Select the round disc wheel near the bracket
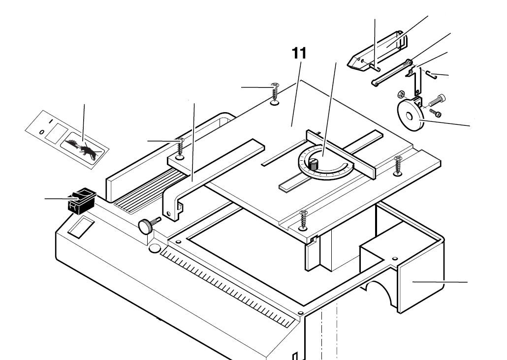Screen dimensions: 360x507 409,116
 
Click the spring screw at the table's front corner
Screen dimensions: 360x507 303,219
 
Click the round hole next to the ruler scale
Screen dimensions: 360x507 154,248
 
